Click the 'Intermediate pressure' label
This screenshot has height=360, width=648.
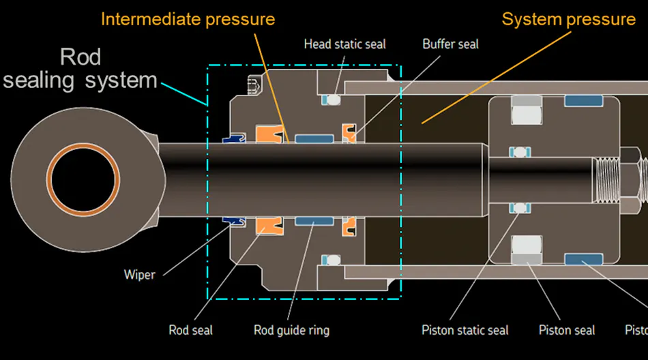[x=188, y=19]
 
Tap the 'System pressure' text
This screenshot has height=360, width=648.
[x=568, y=19]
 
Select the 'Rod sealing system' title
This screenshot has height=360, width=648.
[x=80, y=68]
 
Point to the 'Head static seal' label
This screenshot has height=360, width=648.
[x=344, y=44]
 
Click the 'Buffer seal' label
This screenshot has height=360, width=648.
[x=450, y=44]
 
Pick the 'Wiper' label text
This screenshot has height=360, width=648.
[x=139, y=275]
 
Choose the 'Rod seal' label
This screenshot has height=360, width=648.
[x=190, y=330]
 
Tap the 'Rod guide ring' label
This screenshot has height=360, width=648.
[x=291, y=330]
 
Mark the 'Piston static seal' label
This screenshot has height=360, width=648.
[x=465, y=330]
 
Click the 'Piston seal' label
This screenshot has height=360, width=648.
[x=567, y=330]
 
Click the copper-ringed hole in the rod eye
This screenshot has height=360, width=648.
[x=81, y=179]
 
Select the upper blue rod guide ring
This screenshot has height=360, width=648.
[x=314, y=138]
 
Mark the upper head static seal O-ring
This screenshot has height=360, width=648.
[x=332, y=100]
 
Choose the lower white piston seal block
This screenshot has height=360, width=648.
[x=527, y=246]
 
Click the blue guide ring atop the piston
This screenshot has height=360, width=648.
[x=584, y=101]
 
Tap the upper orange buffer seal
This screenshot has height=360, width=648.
[x=349, y=134]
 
